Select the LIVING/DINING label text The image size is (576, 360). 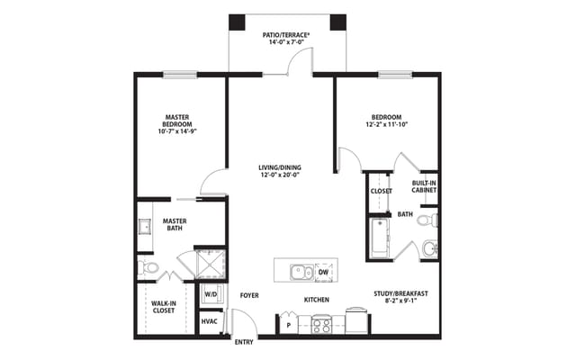[279, 171]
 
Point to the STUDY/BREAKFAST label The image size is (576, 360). [400, 298]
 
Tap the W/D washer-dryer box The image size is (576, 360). [211, 293]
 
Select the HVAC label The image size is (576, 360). [210, 321]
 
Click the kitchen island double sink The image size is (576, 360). [301, 272]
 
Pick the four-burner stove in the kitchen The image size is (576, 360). [322, 324]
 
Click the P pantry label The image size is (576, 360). [288, 325]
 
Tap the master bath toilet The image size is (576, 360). [148, 267]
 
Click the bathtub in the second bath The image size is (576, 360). [376, 237]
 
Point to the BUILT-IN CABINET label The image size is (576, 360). [425, 186]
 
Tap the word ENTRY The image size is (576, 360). [244, 343]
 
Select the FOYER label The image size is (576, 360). [249, 295]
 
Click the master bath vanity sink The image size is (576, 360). [144, 225]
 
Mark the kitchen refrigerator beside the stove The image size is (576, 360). [356, 322]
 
